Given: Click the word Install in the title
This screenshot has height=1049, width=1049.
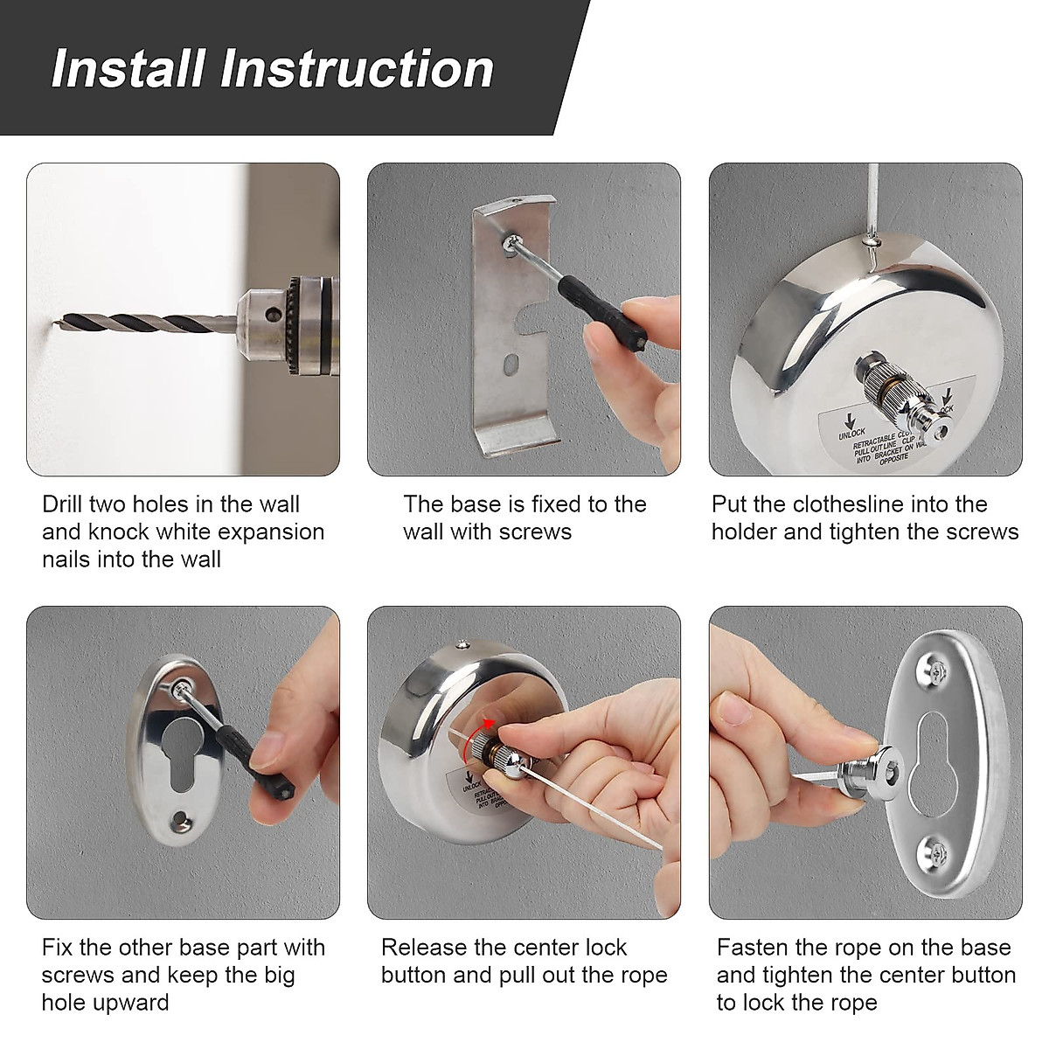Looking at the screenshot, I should pos(128,69).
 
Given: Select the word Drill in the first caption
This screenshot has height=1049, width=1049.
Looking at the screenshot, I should pos(65,504).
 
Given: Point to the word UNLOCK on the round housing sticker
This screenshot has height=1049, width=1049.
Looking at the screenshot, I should pos(851,431).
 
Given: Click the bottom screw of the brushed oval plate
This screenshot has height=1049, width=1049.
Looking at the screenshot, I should pos(933,849).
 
